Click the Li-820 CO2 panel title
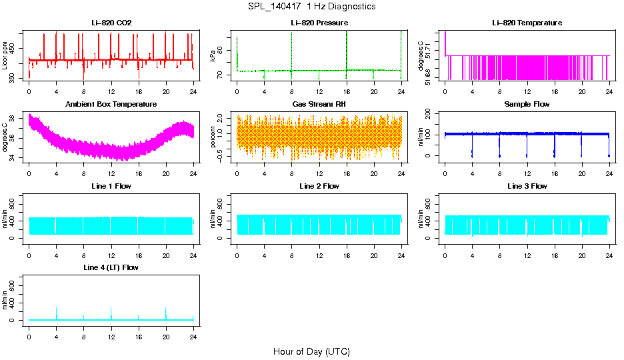[x=111, y=23]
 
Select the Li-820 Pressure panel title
[x=319, y=23]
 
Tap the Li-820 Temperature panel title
[x=527, y=23]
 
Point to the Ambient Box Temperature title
[x=111, y=105]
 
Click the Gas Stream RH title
[x=319, y=105]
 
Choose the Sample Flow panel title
[x=527, y=105]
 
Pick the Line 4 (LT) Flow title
[x=111, y=267]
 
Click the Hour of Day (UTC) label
[x=311, y=351]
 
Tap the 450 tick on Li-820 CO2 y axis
[x=15, y=48]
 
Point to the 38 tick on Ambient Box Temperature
[x=15, y=118]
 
